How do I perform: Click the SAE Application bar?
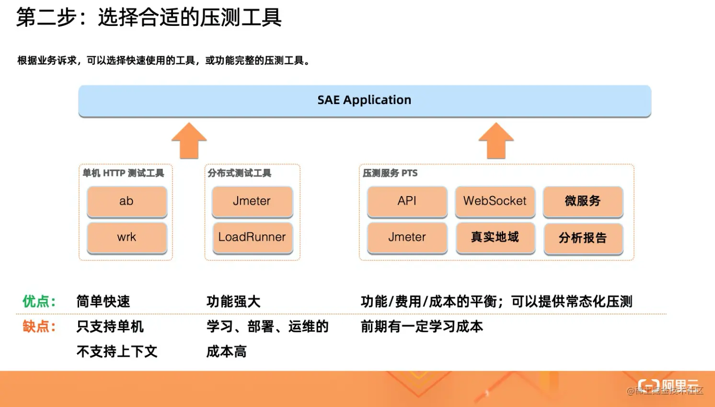[x=364, y=100]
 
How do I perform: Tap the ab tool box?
[x=127, y=201]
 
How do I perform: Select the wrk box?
[x=127, y=237]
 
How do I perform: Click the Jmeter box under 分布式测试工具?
[x=252, y=201]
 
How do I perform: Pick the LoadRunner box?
[x=252, y=237]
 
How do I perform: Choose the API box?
[x=407, y=201]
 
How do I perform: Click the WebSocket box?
[x=495, y=201]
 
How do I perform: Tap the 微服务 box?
[x=583, y=201]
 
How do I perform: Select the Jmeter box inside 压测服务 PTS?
[x=407, y=237]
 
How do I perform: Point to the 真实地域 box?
[x=495, y=237]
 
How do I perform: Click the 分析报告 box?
[x=583, y=238]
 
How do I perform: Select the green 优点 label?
[x=39, y=302]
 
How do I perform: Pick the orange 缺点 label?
[x=39, y=327]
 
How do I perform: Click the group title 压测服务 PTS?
[x=390, y=173]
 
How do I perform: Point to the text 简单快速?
[x=103, y=302]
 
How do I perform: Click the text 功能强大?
[x=233, y=302]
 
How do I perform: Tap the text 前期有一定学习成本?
[x=422, y=327]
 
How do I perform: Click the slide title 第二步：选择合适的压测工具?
[x=149, y=18]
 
